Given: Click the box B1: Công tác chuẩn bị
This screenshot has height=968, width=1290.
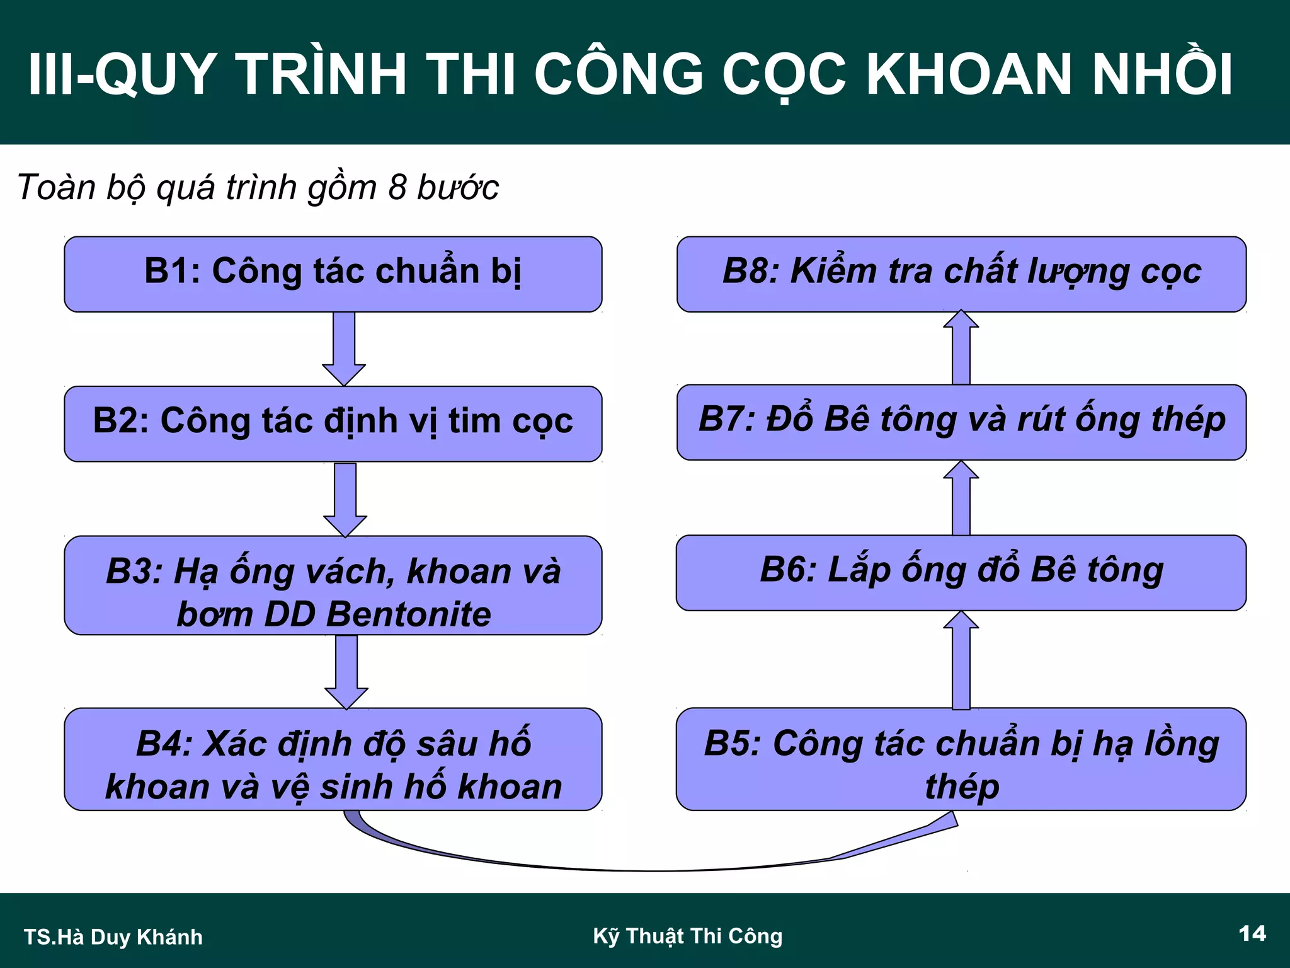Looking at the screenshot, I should pyautogui.click(x=333, y=274).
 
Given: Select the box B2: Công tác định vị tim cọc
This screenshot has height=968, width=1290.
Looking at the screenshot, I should pyautogui.click(x=333, y=423).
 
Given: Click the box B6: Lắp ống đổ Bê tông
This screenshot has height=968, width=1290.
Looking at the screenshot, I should pyautogui.click(x=961, y=573).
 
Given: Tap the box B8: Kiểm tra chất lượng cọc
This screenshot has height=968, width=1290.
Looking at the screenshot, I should pyautogui.click(x=961, y=274).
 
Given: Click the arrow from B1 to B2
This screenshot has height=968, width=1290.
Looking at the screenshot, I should pyautogui.click(x=344, y=349).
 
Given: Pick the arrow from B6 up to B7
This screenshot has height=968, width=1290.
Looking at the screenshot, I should pyautogui.click(x=961, y=498).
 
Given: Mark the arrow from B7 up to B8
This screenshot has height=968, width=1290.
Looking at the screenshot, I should pyautogui.click(x=961, y=348).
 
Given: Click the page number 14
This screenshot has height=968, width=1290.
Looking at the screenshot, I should pyautogui.click(x=1252, y=933).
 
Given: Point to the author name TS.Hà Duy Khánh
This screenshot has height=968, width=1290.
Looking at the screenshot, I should pyautogui.click(x=113, y=937).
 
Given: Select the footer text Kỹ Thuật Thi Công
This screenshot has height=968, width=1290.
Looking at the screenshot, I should pyautogui.click(x=688, y=936).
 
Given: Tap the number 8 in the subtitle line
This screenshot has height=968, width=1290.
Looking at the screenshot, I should pyautogui.click(x=397, y=187).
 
